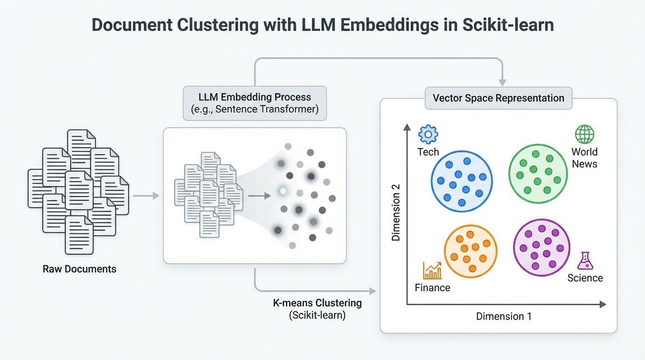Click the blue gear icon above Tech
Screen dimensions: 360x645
click(427, 134)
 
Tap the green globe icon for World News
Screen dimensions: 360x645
click(584, 135)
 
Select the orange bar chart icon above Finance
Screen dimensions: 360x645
click(432, 270)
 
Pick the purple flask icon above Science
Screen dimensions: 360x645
click(585, 261)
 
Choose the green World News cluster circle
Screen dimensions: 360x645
click(538, 173)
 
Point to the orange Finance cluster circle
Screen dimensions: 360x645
click(470, 252)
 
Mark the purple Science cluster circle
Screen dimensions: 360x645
click(541, 247)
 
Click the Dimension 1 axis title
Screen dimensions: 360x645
click(503, 316)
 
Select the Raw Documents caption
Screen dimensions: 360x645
click(79, 269)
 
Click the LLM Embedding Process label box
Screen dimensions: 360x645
click(255, 103)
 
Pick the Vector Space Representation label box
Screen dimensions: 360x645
click(498, 98)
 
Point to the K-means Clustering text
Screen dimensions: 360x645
click(317, 303)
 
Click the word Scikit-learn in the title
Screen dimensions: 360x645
click(508, 25)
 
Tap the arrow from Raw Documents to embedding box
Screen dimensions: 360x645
click(146, 195)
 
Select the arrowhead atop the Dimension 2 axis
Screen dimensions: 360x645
click(406, 127)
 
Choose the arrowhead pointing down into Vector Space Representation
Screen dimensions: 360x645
click(502, 82)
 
